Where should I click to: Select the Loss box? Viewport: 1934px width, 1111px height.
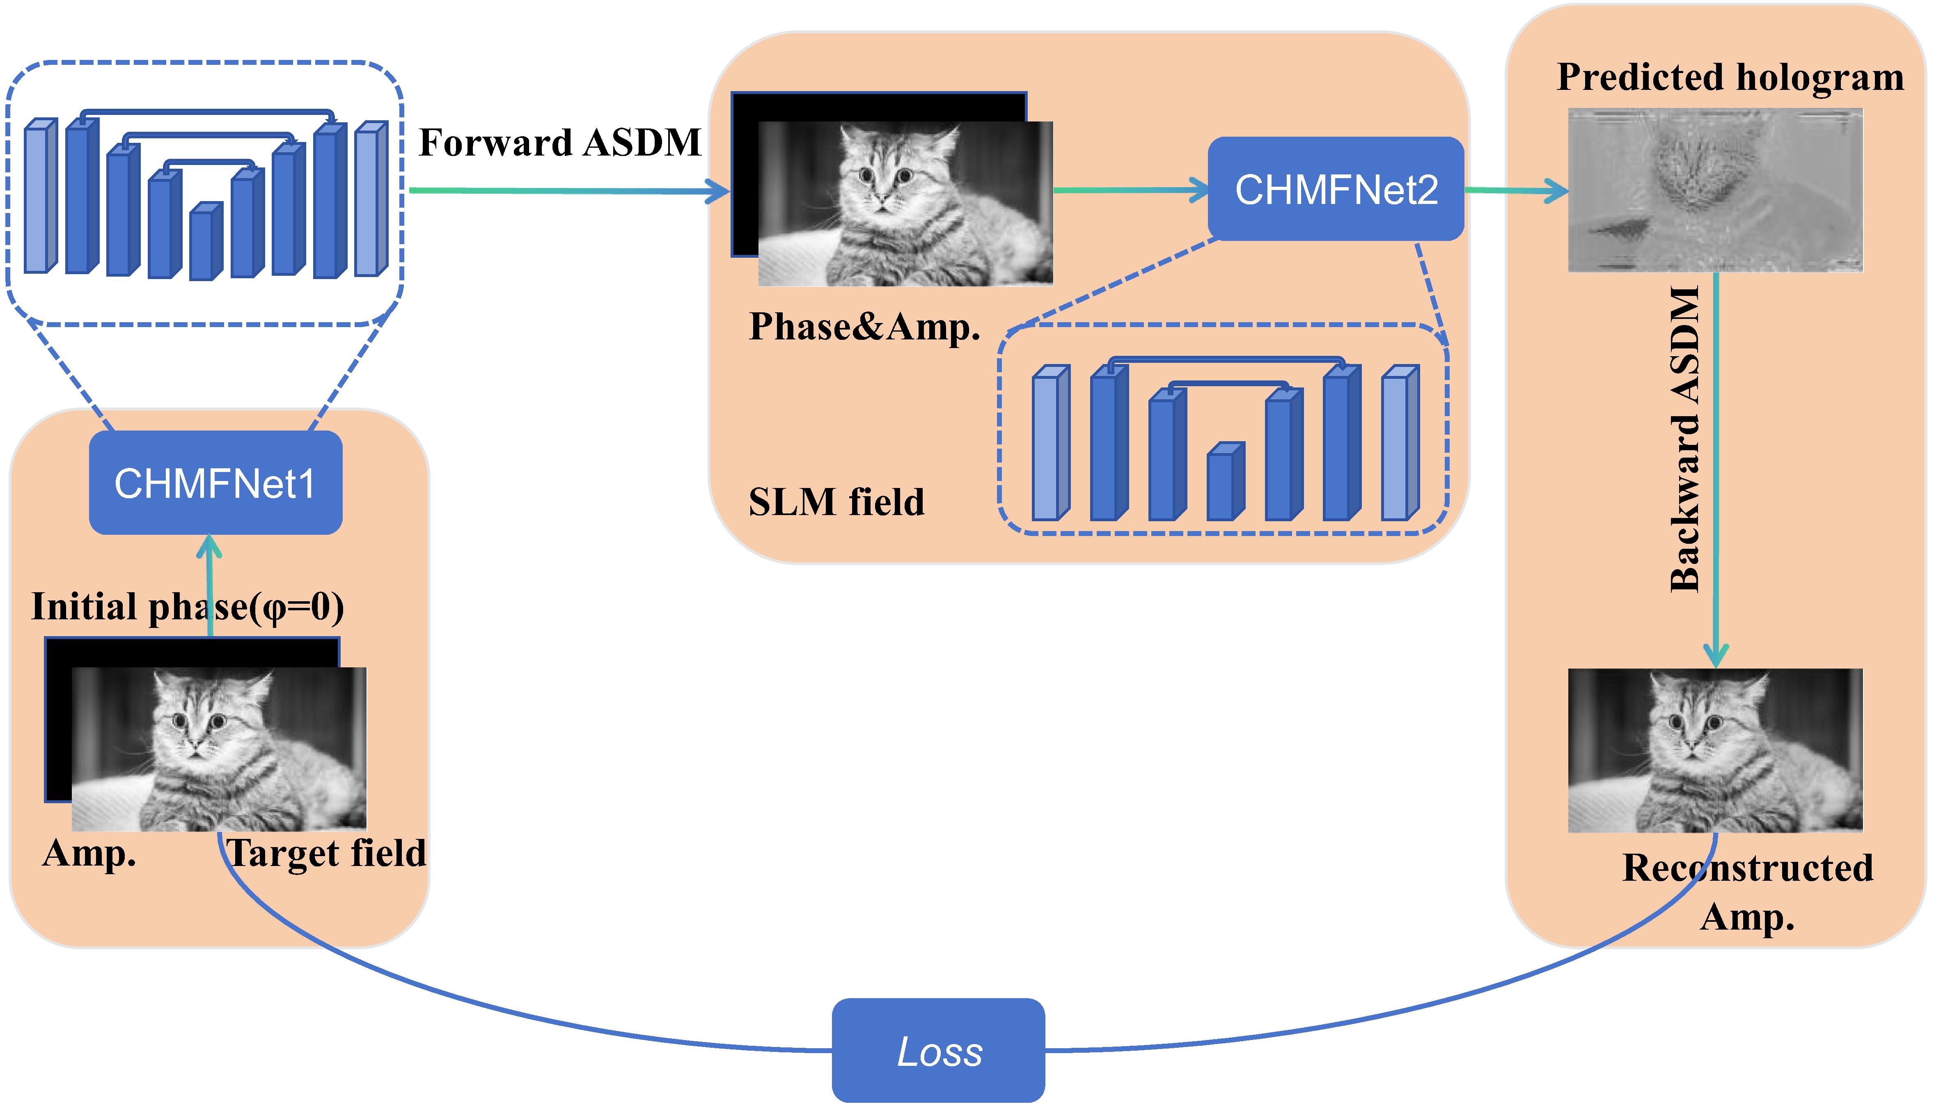938,1051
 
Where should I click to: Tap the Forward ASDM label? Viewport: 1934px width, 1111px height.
560,143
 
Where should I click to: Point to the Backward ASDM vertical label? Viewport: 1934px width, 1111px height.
1684,439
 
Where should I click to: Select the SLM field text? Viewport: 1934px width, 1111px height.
836,502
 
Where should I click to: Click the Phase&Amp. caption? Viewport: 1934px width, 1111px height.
864,327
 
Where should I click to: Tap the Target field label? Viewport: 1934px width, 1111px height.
327,853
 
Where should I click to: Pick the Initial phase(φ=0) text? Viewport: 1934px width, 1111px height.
187,607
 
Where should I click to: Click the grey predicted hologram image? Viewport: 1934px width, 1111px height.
1715,190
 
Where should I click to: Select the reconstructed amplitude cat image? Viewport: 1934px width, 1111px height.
1715,750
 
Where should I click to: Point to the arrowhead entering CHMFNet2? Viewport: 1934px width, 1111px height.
1199,190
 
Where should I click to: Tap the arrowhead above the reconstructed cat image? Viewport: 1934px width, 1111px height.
1716,656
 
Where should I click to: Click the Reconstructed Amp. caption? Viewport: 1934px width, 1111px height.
1747,891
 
